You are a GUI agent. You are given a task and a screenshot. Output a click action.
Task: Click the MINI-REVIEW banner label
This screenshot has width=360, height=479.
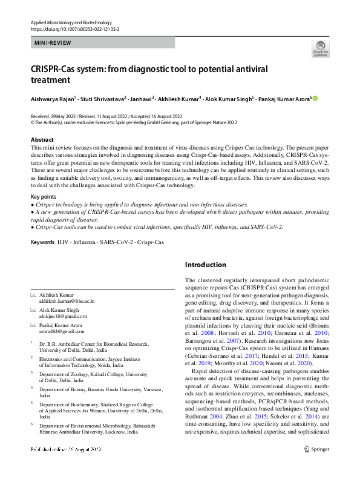click(x=53, y=43)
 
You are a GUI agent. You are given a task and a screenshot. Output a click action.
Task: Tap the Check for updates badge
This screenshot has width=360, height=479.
click(x=320, y=49)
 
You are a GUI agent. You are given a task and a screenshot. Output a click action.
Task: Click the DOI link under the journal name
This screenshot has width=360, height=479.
click(x=75, y=28)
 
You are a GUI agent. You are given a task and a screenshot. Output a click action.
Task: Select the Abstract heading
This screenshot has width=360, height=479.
click(x=42, y=140)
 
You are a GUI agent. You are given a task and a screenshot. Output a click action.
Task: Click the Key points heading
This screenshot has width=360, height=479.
click(x=45, y=197)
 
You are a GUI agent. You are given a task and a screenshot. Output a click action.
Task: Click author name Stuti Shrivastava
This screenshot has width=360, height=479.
click(x=104, y=98)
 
